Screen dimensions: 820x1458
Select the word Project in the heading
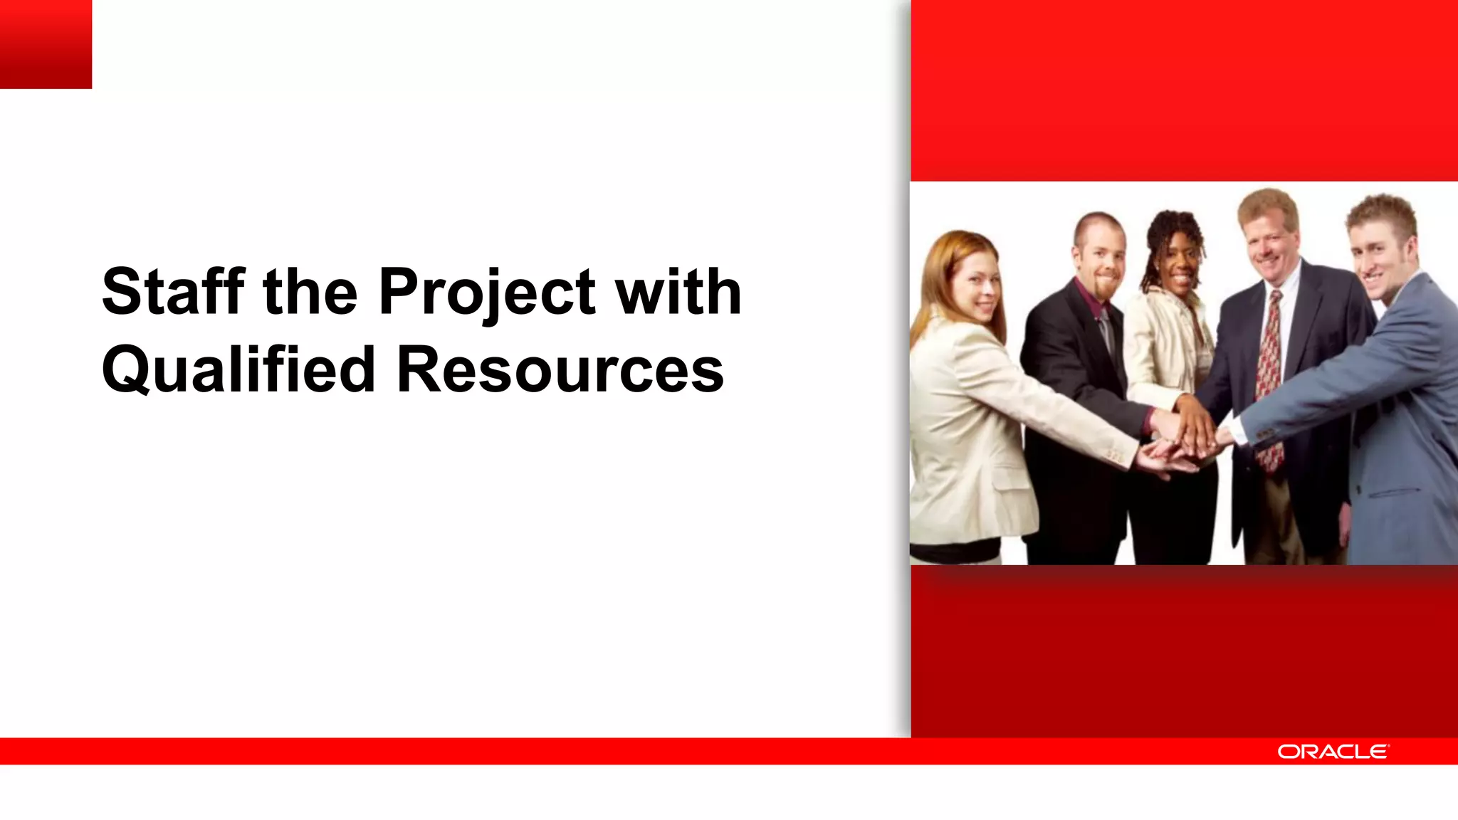[x=487, y=293]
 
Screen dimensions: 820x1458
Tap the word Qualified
[x=238, y=369]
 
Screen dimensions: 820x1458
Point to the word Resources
[x=560, y=369]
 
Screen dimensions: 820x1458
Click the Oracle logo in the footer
[x=1332, y=752]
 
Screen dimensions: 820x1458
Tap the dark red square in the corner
[x=46, y=43]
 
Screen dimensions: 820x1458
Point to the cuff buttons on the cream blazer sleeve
[x=1115, y=456]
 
